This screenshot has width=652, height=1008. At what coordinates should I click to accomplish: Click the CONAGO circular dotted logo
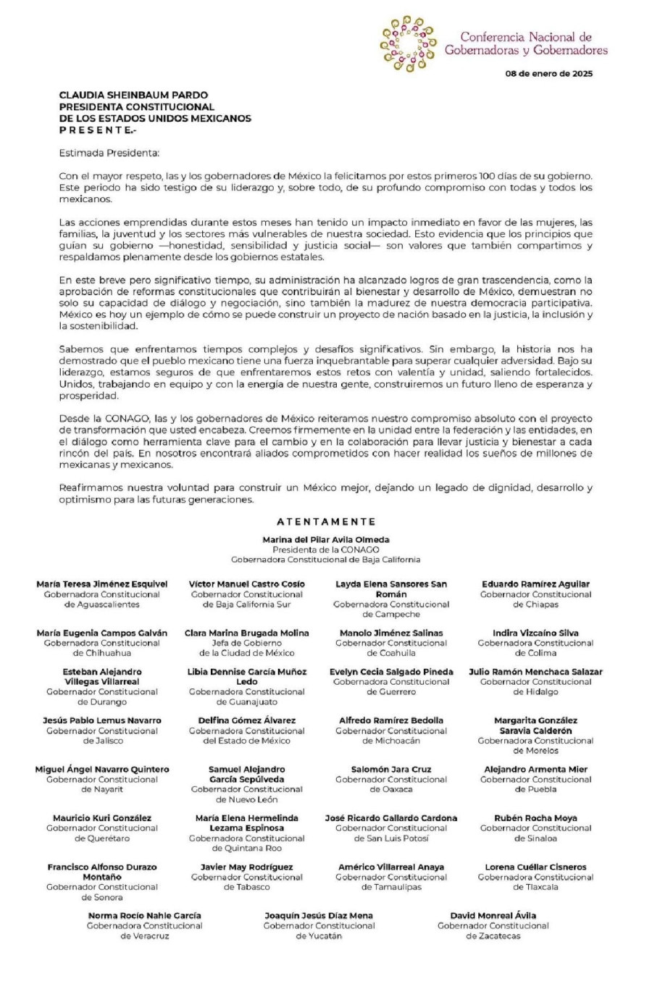pyautogui.click(x=408, y=43)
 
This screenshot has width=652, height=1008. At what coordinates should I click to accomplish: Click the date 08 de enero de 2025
pyautogui.click(x=548, y=74)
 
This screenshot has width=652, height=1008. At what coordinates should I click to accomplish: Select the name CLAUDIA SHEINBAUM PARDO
pyautogui.click(x=133, y=95)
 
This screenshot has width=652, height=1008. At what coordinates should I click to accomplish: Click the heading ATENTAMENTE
pyautogui.click(x=326, y=522)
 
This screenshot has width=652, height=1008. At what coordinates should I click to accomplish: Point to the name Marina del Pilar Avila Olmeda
pyautogui.click(x=326, y=540)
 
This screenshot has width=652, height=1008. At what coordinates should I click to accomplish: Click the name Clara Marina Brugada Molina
pyautogui.click(x=246, y=633)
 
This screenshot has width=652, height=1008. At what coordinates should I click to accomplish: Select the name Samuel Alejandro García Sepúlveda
pyautogui.click(x=246, y=775)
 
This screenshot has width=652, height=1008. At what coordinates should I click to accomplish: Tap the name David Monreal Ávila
pyautogui.click(x=493, y=916)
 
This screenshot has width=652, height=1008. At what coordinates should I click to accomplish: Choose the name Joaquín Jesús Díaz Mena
pyautogui.click(x=319, y=916)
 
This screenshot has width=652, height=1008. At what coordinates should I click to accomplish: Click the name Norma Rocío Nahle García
pyautogui.click(x=145, y=916)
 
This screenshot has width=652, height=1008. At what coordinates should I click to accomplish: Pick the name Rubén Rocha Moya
pyautogui.click(x=535, y=818)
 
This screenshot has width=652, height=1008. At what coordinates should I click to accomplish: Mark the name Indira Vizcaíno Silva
pyautogui.click(x=535, y=633)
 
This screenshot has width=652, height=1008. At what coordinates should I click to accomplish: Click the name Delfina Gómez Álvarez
pyautogui.click(x=246, y=721)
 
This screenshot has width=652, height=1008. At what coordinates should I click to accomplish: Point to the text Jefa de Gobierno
pyautogui.click(x=246, y=643)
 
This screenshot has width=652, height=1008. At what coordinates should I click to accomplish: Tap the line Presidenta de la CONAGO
pyautogui.click(x=326, y=550)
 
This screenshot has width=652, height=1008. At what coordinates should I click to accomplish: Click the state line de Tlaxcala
pyautogui.click(x=535, y=887)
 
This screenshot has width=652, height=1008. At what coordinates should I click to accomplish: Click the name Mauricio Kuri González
pyautogui.click(x=102, y=818)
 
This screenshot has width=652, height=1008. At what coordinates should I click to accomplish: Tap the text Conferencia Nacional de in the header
pyautogui.click(x=526, y=37)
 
